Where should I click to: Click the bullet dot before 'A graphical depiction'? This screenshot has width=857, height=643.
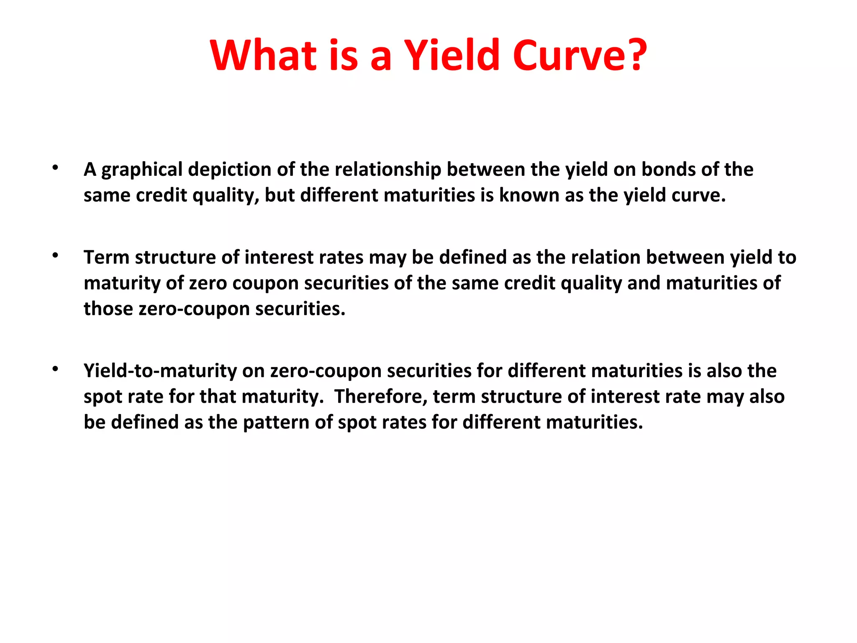pos(55,168)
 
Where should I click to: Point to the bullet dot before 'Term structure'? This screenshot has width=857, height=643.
pos(55,256)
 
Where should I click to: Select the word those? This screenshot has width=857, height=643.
pos(108,309)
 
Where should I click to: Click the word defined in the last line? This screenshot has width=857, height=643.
pos(145,422)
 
